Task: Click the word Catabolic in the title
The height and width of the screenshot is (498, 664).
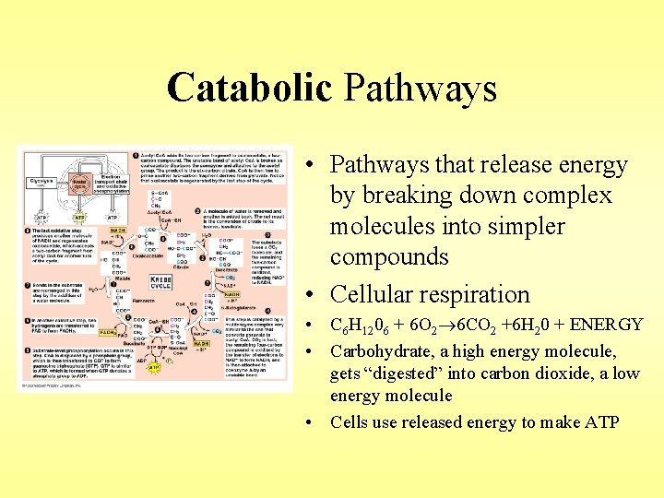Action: click(x=249, y=89)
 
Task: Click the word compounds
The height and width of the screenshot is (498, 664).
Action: click(x=391, y=256)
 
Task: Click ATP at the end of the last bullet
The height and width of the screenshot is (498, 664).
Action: click(x=600, y=422)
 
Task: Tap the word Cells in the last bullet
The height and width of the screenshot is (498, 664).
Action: click(x=350, y=422)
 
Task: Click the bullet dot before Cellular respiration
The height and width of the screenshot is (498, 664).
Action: click(x=315, y=295)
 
